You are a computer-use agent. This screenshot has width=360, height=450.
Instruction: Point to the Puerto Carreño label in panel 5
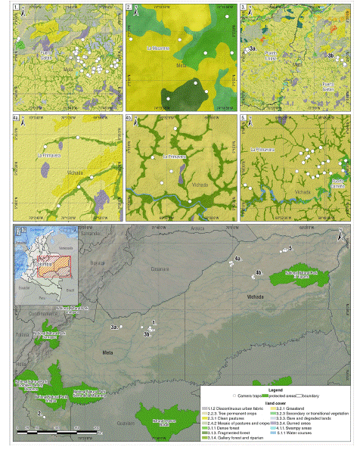click(x=337, y=182)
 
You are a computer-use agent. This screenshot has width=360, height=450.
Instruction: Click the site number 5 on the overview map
click(x=291, y=248)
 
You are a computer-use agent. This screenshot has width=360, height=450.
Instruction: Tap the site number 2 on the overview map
click(x=38, y=413)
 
